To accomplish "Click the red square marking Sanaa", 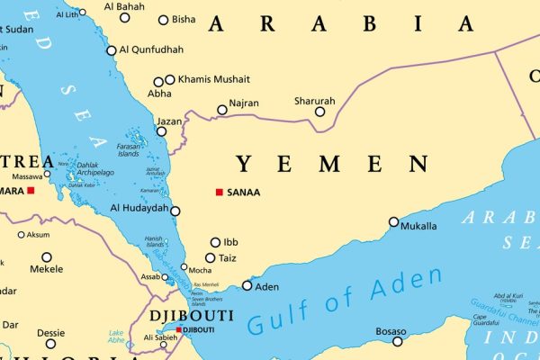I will coord(220,192).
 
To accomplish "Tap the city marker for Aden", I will coord(247,286).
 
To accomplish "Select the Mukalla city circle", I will coord(393,221).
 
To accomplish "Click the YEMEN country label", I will coord(331,164).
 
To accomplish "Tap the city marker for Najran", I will coord(222,110).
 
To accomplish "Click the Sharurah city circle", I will coord(319,112).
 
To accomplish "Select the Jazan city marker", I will coord(161,131).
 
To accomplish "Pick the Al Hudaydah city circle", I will coord(175,211).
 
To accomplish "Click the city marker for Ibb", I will coord(215,242).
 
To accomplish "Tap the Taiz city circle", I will coord(210,257).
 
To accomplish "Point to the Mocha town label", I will coord(201,269).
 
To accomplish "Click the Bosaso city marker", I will coord(398,341).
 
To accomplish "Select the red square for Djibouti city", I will coord(179,330).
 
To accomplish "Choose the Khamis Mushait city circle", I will coord(169,79).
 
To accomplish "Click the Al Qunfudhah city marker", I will coord(112,50).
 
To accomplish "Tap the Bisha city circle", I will coord(163,20).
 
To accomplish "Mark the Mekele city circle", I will coord(47,257).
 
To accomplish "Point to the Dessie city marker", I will coord(50,343).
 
